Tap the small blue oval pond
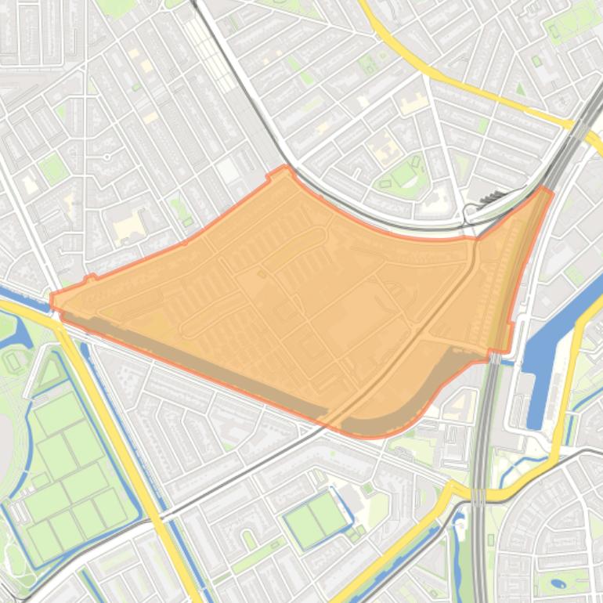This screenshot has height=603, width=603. point(558,583)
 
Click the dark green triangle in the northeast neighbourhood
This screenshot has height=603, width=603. point(521,90)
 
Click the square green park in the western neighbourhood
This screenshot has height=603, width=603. point(52,168)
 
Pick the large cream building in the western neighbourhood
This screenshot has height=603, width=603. point(128,228)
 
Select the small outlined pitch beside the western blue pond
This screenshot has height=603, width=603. point(13,362)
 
